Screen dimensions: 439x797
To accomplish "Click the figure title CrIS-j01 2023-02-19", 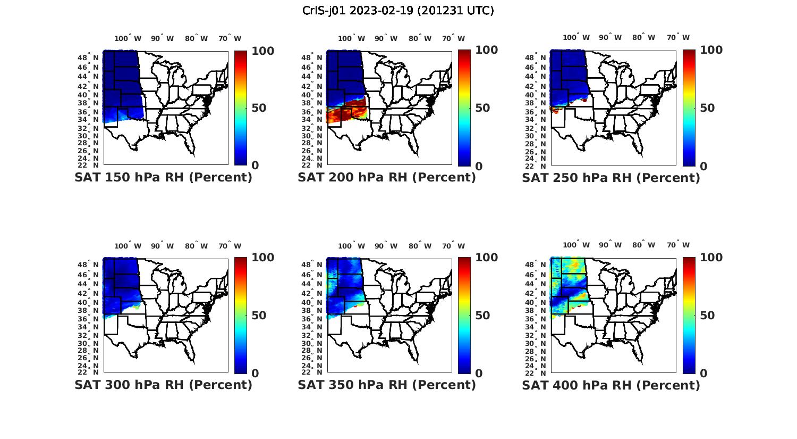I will coord(398,11).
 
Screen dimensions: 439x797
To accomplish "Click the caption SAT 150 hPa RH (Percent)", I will coord(164,178).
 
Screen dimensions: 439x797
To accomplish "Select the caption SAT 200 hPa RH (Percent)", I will coord(387,178).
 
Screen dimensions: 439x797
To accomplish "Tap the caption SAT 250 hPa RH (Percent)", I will coord(611,178).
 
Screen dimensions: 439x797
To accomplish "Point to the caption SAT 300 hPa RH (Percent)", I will coord(164,385).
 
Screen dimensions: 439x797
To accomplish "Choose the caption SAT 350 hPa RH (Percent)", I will coord(387,385).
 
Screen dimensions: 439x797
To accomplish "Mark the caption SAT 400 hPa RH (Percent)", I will coord(611,385).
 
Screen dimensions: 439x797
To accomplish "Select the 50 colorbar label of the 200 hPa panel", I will coord(468,108).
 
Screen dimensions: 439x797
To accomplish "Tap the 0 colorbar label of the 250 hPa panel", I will coord(704,166).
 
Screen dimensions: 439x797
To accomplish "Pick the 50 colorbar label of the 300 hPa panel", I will coord(244,316).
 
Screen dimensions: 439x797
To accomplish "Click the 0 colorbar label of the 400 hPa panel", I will coord(704,374).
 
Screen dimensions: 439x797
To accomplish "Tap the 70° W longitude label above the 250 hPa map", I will coord(678,37).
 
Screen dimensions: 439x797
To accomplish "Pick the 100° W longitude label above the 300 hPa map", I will coord(128,246).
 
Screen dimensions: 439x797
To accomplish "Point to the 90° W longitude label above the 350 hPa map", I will coord(386,246).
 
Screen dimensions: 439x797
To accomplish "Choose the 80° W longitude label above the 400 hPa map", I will coord(643,245).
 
